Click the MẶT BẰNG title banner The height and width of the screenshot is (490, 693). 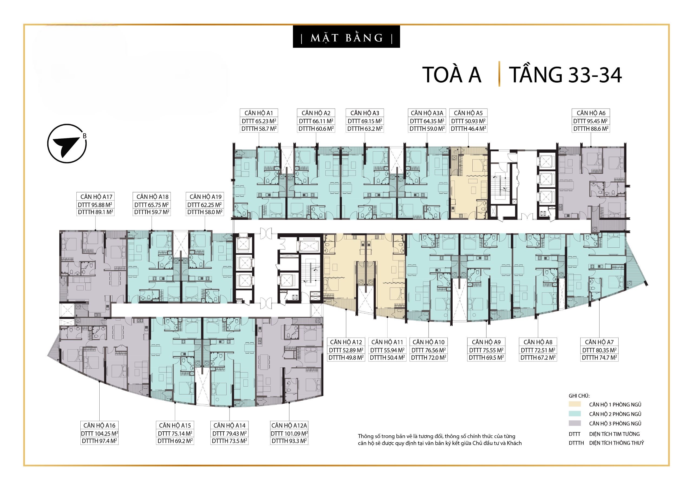pos(346,37)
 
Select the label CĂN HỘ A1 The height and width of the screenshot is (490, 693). pos(259,113)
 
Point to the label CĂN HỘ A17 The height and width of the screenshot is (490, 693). pos(96,197)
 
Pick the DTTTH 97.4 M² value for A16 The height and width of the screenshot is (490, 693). pos(99,440)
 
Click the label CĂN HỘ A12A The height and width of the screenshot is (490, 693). pos(289,425)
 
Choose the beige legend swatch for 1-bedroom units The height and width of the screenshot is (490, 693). pos(575,404)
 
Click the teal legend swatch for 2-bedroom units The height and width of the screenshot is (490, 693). pos(575,414)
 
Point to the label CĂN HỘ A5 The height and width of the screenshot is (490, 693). pos(468,113)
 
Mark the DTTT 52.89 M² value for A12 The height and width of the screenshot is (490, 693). pos(346,350)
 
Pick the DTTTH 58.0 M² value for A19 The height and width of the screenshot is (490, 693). pos(205,212)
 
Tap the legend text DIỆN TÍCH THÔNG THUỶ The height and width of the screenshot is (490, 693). pos(616,443)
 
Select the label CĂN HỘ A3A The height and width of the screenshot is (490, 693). pos(427,113)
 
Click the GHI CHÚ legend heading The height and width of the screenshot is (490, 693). pos(579,396)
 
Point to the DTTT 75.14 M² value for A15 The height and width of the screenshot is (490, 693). pos(175,433)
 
